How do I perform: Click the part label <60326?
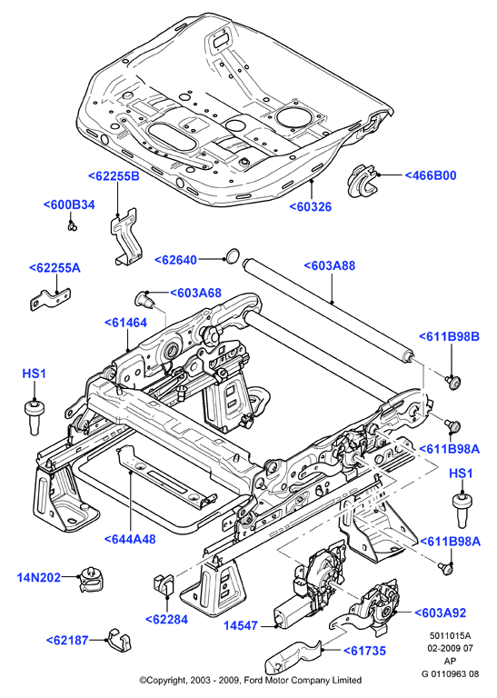(x=311, y=207)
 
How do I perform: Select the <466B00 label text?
(x=431, y=175)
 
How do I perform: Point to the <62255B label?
(x=114, y=176)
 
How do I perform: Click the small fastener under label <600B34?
(x=73, y=226)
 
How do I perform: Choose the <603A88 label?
(x=330, y=265)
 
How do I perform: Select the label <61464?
(x=126, y=323)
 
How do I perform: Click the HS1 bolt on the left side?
(x=35, y=417)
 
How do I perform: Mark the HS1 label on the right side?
(x=461, y=474)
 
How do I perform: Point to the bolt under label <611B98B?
(x=453, y=383)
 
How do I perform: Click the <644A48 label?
(x=130, y=539)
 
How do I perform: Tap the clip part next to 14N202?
(x=94, y=580)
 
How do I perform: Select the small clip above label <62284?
(x=164, y=584)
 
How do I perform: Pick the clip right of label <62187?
(x=120, y=640)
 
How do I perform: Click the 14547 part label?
(x=240, y=626)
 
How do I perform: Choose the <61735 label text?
(x=364, y=651)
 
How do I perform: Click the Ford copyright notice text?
(x=251, y=680)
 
